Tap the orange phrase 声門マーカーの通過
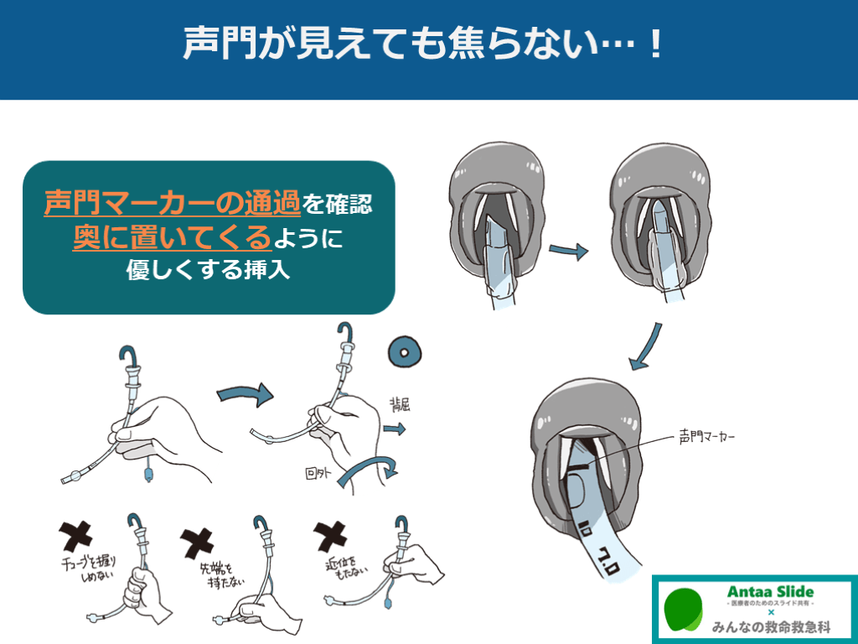(173, 203)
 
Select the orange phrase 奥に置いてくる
(173, 237)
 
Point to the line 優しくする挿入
(208, 269)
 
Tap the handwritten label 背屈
(400, 405)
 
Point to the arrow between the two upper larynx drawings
(569, 251)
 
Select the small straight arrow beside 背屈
(395, 428)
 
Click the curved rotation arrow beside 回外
(367, 465)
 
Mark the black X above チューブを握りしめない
(75, 536)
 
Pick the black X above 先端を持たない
(197, 543)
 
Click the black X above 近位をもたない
(330, 536)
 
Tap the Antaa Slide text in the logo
(771, 592)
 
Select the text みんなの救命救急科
(772, 626)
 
